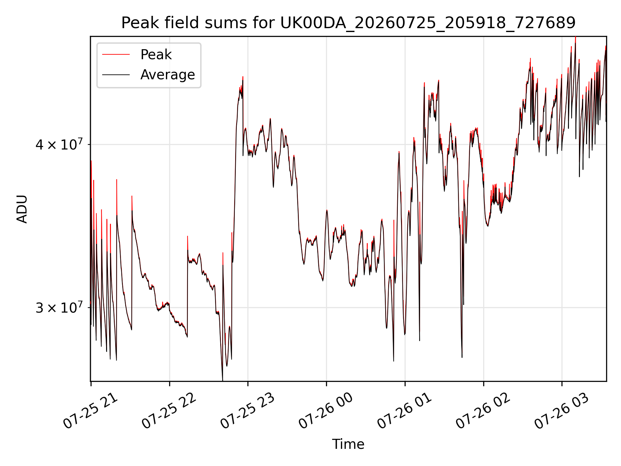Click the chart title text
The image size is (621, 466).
(348, 23)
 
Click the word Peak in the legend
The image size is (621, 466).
(156, 55)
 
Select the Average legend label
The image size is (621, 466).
(168, 75)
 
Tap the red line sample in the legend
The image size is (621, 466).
(116, 55)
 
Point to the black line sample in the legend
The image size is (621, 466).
(116, 75)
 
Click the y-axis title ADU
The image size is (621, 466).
(22, 209)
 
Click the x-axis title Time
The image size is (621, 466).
(348, 444)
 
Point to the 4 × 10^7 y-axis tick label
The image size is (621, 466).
(59, 144)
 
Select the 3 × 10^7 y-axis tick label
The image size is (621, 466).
(59, 307)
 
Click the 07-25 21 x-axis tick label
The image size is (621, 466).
(91, 411)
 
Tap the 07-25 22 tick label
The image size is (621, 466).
(169, 411)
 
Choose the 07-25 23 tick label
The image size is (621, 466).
(248, 411)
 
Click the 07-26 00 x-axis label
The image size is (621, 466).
(326, 411)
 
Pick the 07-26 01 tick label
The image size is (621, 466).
(405, 411)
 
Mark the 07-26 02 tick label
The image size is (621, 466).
(483, 411)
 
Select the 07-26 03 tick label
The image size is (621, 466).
(562, 411)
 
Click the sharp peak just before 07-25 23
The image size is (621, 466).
(243, 77)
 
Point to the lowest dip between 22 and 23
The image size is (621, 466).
(223, 380)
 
